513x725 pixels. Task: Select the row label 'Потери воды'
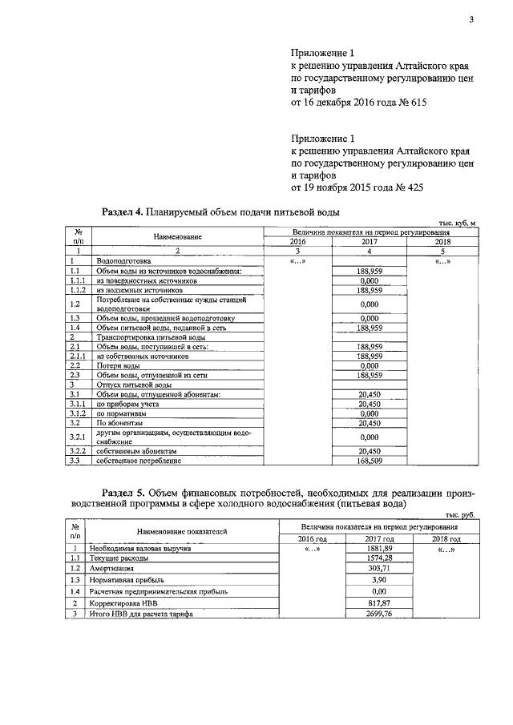tap(119, 365)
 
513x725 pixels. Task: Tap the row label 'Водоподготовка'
tap(123, 261)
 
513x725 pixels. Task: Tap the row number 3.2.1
tap(78, 437)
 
